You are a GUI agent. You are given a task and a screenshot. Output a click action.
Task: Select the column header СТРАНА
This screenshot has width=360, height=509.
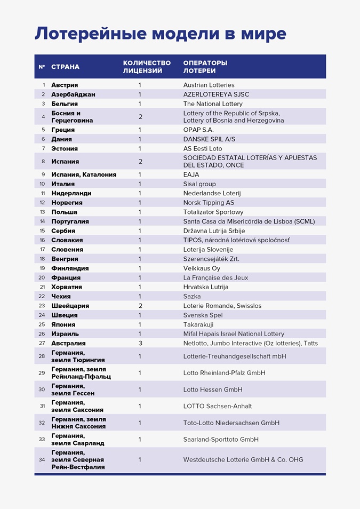tap(65, 67)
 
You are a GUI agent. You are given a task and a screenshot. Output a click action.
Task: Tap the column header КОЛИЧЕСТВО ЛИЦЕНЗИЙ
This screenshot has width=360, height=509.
tap(147, 67)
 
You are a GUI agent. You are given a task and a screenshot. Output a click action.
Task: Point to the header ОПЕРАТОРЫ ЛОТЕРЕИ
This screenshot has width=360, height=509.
tap(205, 67)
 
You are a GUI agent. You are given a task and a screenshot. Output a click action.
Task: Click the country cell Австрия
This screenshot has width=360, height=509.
tap(65, 85)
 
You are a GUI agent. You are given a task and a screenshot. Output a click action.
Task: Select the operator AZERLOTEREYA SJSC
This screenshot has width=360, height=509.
tap(216, 94)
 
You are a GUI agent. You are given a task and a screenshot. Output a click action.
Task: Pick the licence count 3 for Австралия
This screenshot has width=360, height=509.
tap(140, 343)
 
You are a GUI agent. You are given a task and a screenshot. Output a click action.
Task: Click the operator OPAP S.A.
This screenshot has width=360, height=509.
tap(198, 130)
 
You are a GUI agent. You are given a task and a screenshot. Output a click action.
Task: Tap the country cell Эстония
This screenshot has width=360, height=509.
tap(65, 148)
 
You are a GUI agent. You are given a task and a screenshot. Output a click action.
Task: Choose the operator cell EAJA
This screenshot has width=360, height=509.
tap(191, 174)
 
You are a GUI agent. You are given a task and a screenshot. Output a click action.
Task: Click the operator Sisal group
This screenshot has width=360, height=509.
tap(199, 184)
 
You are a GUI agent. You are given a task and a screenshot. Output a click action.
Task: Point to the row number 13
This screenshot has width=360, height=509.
tap(43, 212)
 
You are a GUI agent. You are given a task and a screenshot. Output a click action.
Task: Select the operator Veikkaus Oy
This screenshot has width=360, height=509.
tap(202, 268)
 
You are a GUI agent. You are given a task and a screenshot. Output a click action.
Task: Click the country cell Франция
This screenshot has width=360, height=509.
tap(66, 277)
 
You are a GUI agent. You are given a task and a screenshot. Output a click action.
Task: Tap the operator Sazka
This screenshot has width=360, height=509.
tap(192, 296)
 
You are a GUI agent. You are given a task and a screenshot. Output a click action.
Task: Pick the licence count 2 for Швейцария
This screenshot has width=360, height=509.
tap(140, 306)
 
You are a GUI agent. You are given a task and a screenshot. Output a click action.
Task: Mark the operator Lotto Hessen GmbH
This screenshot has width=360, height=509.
tap(213, 389)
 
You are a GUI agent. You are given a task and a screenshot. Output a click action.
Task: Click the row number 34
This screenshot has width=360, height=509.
tap(42, 459)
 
